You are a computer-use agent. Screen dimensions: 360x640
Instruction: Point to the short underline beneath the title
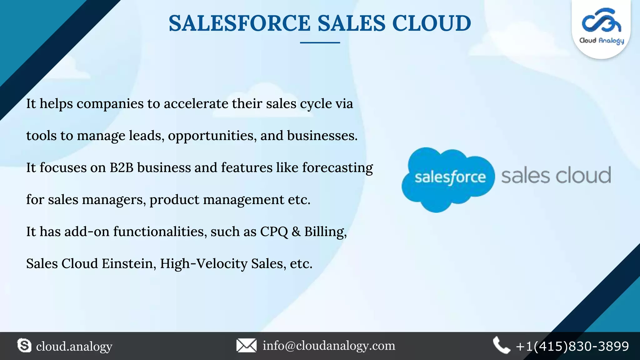pos(320,42)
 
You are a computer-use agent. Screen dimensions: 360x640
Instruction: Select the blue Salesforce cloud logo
pos(447,179)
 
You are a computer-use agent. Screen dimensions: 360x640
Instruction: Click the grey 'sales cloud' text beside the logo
pos(556,176)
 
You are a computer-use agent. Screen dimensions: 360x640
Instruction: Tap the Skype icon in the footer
pos(24,346)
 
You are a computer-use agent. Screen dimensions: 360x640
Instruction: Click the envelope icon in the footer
pos(246,346)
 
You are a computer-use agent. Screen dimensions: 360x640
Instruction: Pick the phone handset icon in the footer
pos(501,345)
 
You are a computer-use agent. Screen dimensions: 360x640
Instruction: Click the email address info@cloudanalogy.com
pos(329,346)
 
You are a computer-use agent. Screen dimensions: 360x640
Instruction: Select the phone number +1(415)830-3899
pos(572,346)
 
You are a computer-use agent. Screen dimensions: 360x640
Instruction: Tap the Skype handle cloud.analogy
pos(74,346)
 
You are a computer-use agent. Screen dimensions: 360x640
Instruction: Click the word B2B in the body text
pos(121,167)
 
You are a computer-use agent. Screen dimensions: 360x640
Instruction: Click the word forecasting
pos(337,168)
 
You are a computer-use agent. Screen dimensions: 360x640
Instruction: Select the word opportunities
pos(212,136)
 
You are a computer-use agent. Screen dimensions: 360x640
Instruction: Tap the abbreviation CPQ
pos(274,232)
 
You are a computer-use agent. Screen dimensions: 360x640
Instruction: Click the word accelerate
pos(196,103)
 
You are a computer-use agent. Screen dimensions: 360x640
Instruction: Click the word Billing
pos(325,232)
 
